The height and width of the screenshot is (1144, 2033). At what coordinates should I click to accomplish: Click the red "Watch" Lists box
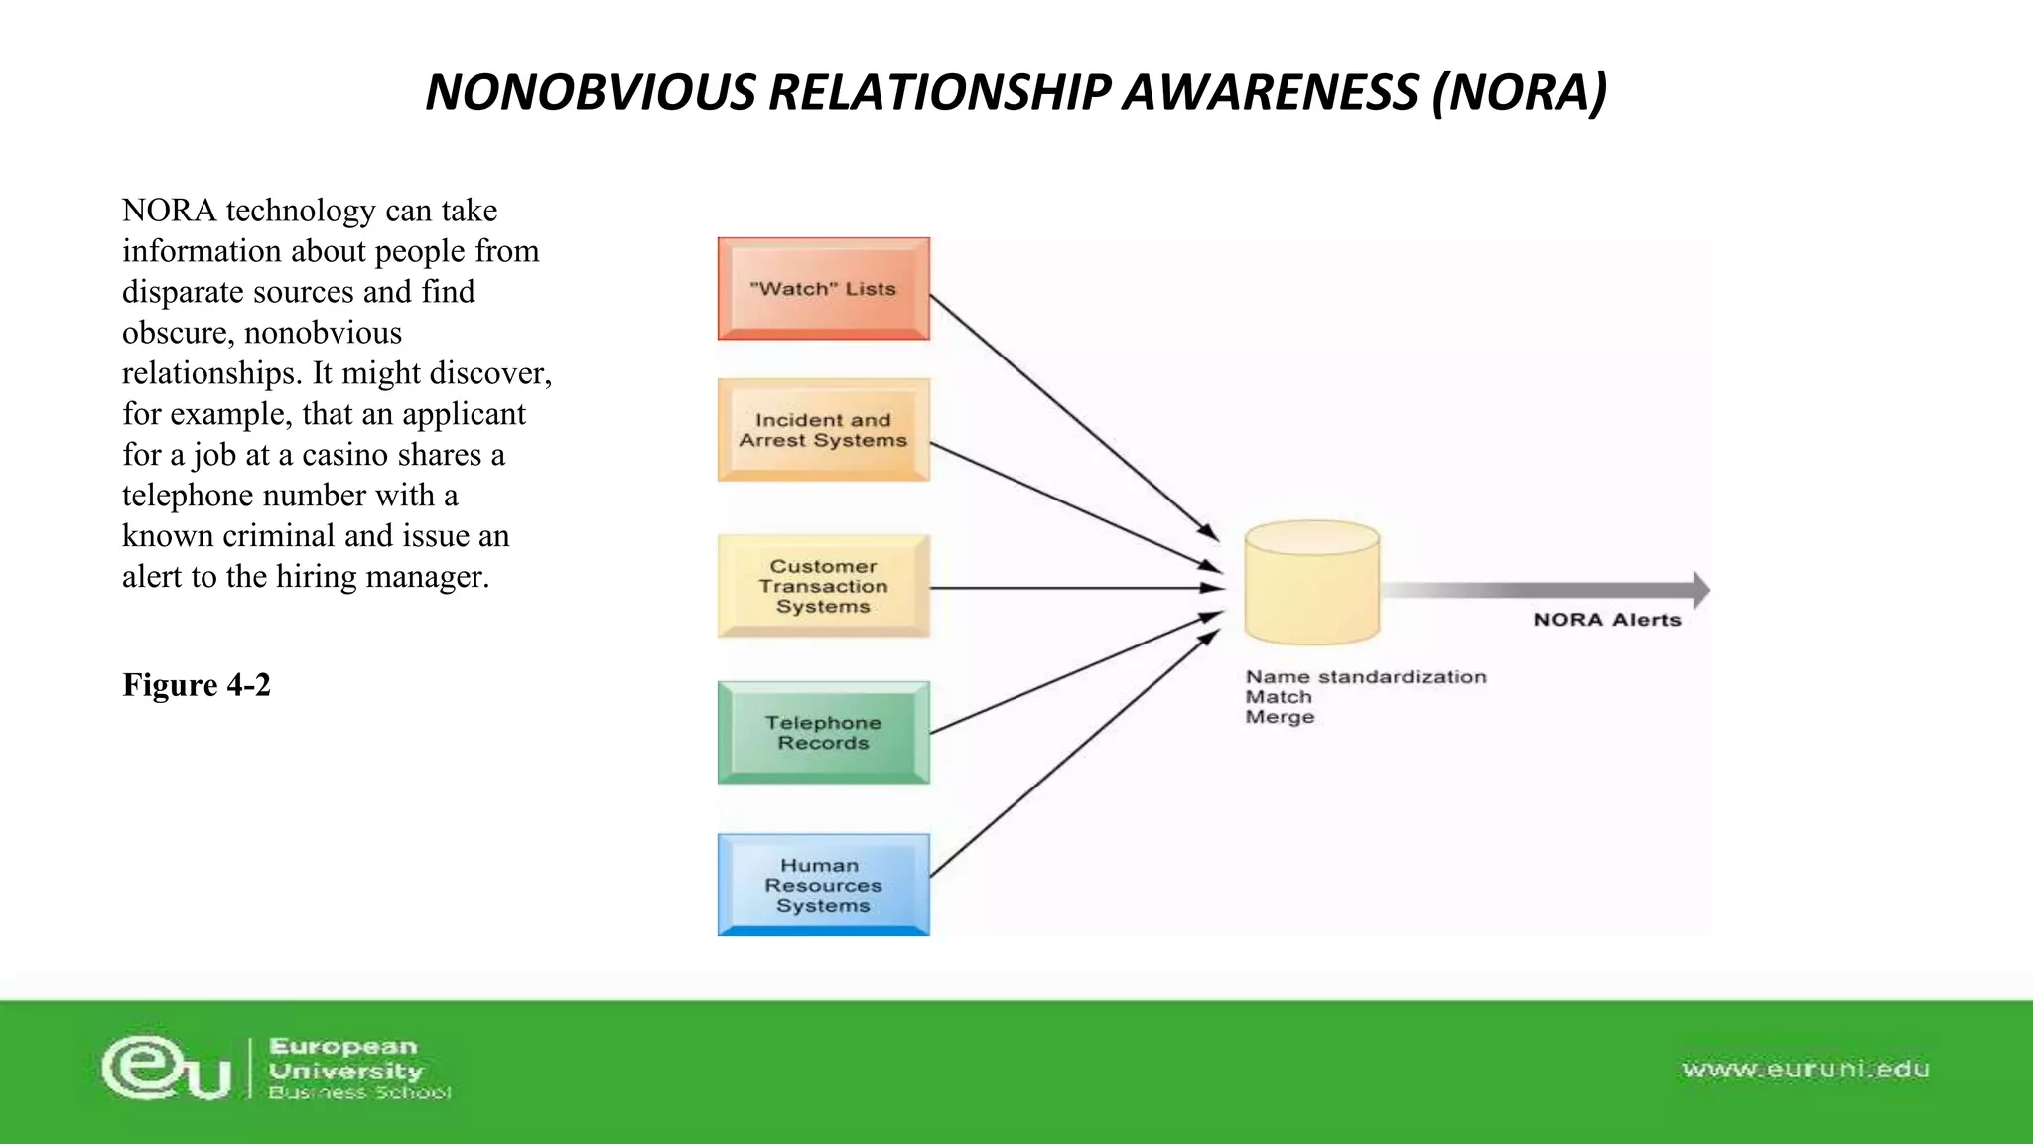823,289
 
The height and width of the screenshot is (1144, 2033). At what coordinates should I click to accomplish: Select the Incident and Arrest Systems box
823,430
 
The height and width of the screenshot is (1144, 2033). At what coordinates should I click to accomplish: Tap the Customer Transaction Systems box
823,586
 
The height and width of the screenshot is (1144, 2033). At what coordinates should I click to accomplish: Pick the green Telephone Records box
823,733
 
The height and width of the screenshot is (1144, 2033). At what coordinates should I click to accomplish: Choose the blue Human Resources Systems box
823,885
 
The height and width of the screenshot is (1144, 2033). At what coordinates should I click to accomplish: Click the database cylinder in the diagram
1311,584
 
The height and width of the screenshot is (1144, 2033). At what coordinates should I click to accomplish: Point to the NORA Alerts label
1606,620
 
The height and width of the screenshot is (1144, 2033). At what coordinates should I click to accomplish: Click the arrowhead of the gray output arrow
1700,590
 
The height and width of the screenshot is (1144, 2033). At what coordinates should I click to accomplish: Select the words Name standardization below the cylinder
1366,677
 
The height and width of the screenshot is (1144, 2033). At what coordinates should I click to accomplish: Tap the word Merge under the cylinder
1280,717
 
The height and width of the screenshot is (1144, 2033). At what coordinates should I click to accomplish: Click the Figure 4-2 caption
197,685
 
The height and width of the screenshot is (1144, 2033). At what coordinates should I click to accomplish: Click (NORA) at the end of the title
1519,92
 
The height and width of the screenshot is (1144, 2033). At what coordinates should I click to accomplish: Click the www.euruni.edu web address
1805,1070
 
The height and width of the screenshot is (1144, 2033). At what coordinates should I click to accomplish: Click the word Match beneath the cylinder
1279,697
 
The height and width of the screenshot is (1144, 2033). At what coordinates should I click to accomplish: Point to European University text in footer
344,1059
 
